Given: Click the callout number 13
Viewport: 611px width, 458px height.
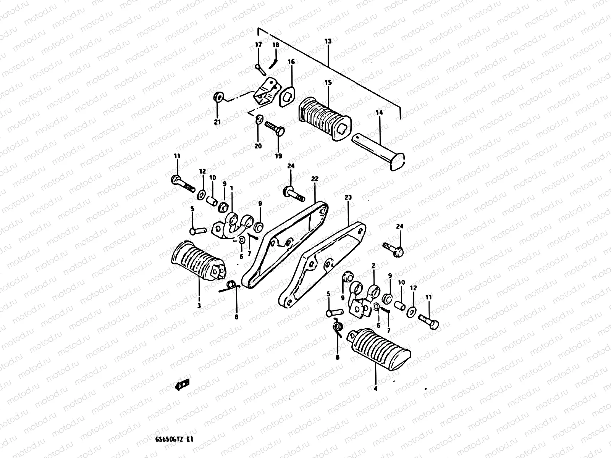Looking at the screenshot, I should [x=328, y=41].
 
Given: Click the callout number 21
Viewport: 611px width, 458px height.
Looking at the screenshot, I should [x=217, y=122].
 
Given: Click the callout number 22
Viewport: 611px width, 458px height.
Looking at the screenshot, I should [x=315, y=179].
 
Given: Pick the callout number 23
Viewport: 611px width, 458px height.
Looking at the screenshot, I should [x=348, y=197].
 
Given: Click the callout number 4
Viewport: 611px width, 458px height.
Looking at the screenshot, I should [x=376, y=389].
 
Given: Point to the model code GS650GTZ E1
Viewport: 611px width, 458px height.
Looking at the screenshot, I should [x=172, y=439].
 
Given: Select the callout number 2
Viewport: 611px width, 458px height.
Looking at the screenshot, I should [x=373, y=265].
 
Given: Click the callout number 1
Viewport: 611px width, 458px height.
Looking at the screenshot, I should [x=231, y=189].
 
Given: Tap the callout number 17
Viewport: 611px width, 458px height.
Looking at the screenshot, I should [x=259, y=45].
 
